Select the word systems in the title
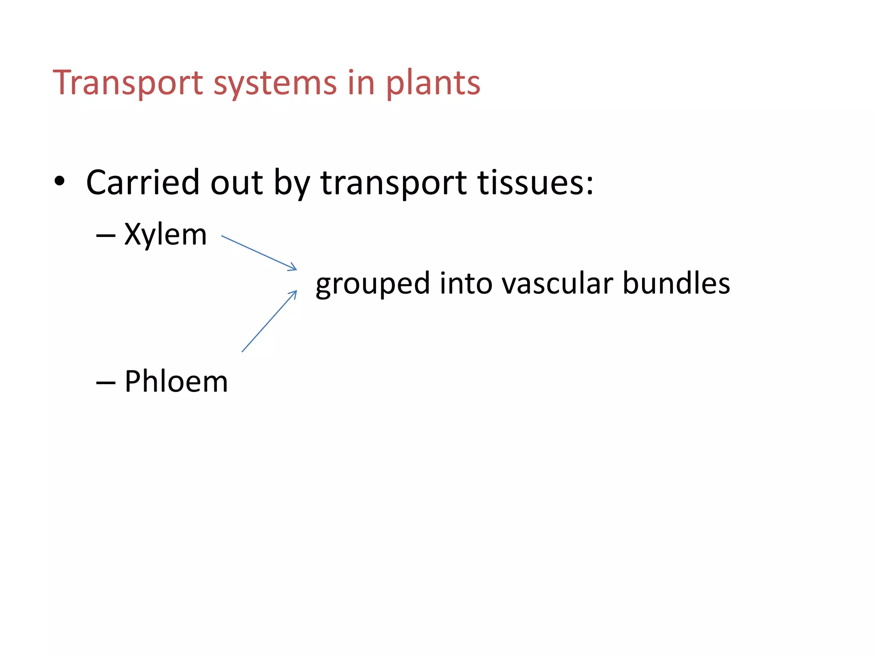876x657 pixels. coord(275,83)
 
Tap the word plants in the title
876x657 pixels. coord(433,83)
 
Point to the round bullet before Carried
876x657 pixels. coord(59,181)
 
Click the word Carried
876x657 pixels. coord(143,183)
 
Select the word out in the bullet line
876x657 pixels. coord(237,183)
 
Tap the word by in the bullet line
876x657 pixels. coord(292,184)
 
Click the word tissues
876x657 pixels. coord(535,183)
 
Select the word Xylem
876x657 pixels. coord(166,235)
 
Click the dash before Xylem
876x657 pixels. coord(106,236)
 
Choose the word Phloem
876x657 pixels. coord(176,381)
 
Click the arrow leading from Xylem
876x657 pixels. coord(259,253)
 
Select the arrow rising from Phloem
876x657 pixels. coord(269,321)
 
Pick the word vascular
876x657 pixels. coord(557,283)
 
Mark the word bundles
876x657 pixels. coord(676,283)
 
